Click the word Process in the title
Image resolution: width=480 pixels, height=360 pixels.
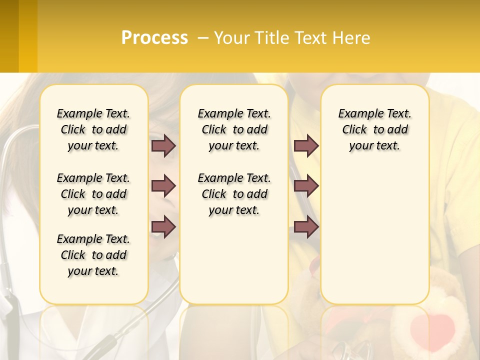click(154, 38)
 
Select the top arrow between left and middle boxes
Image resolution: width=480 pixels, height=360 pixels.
click(163, 146)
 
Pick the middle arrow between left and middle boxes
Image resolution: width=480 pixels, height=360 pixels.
click(163, 186)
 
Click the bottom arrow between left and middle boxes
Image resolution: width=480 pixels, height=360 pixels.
click(163, 227)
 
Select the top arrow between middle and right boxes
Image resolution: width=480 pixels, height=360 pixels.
click(306, 146)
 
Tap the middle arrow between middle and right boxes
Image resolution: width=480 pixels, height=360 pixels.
click(306, 186)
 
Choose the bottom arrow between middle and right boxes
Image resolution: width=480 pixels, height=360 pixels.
click(306, 227)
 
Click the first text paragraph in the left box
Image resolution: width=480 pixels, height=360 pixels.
click(93, 129)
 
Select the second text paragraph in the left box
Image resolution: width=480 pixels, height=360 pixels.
click(93, 194)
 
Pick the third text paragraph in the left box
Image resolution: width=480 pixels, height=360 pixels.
click(93, 255)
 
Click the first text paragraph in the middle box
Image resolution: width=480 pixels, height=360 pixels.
click(234, 129)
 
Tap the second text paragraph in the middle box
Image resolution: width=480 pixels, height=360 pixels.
click(234, 194)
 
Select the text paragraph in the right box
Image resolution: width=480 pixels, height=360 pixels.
click(374, 129)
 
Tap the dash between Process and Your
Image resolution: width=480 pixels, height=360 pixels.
click(203, 38)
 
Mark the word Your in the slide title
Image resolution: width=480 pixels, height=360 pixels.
click(232, 38)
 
